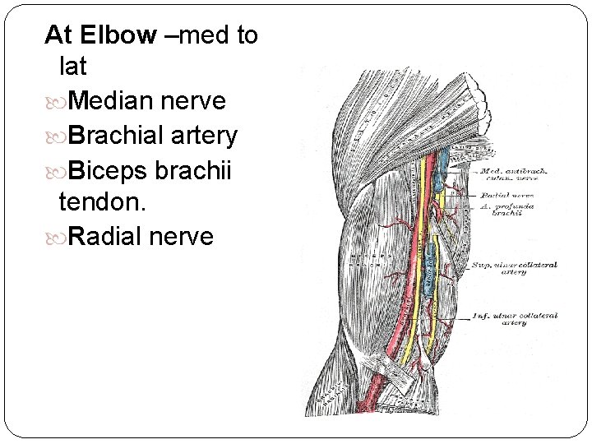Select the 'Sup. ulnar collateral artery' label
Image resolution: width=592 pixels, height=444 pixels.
(x=514, y=269)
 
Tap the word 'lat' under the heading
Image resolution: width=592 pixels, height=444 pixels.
(x=72, y=68)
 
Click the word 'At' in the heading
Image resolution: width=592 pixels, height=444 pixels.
(x=58, y=35)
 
